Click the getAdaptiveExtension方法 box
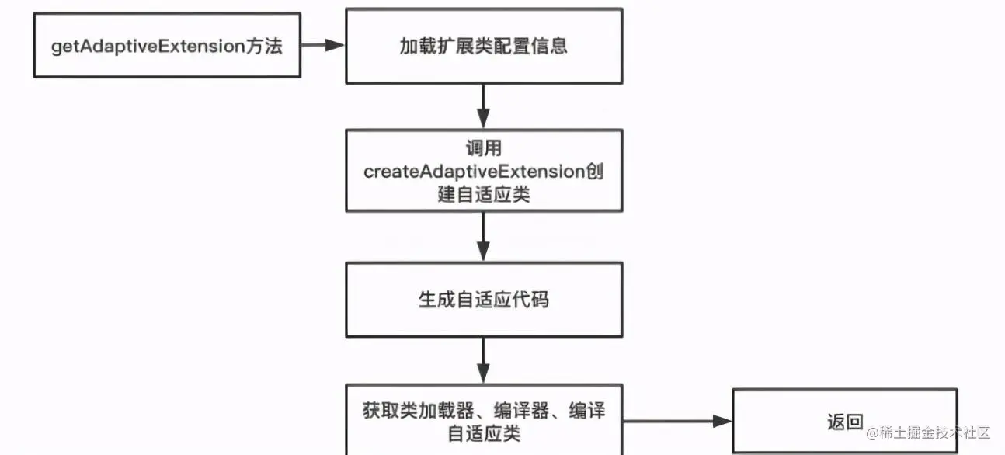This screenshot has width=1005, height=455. click(167, 45)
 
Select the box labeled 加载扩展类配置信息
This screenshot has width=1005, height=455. click(483, 45)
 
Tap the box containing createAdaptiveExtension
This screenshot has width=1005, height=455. click(483, 171)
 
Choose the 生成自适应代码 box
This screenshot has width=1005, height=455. click(483, 299)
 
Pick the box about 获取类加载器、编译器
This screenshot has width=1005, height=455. click(483, 419)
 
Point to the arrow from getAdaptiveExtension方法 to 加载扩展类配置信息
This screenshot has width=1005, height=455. click(323, 45)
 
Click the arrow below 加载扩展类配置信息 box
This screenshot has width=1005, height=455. click(483, 106)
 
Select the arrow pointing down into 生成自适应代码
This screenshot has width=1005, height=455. click(483, 237)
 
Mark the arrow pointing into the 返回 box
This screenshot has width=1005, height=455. click(677, 422)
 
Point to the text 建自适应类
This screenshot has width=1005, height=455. click(483, 195)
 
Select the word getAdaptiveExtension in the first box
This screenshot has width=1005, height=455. click(148, 46)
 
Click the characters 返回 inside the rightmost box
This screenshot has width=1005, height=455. click(845, 422)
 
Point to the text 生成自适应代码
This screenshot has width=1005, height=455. click(483, 299)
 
